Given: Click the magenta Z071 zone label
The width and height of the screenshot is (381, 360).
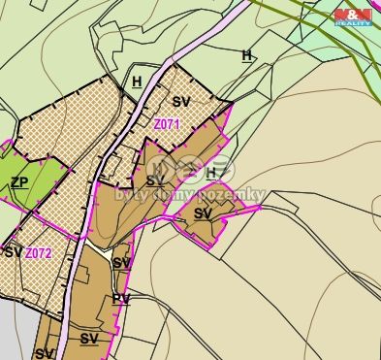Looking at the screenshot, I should (x=167, y=123).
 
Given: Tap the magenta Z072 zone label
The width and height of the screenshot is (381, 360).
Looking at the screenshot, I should (x=39, y=253).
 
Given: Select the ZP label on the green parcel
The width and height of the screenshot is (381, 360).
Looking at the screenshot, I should (x=18, y=182).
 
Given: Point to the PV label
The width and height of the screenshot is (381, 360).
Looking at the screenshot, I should (x=120, y=299).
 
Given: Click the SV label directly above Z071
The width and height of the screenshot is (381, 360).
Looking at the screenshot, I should (x=181, y=101).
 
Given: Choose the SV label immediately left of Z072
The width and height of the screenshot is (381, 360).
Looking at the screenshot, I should (x=13, y=252).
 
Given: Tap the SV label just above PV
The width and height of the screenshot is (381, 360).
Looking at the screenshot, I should (x=121, y=263).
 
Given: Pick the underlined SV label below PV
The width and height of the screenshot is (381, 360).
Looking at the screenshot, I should (x=89, y=339).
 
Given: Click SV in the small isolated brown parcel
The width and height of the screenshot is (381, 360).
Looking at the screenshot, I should (x=203, y=213).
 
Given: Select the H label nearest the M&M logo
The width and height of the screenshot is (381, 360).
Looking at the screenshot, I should (x=247, y=55).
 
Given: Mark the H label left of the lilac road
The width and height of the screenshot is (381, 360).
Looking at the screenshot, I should (x=137, y=82).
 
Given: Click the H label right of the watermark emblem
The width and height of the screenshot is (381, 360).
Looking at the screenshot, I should (x=211, y=173).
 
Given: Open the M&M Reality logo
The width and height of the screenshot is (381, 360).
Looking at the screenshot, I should (x=353, y=16).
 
